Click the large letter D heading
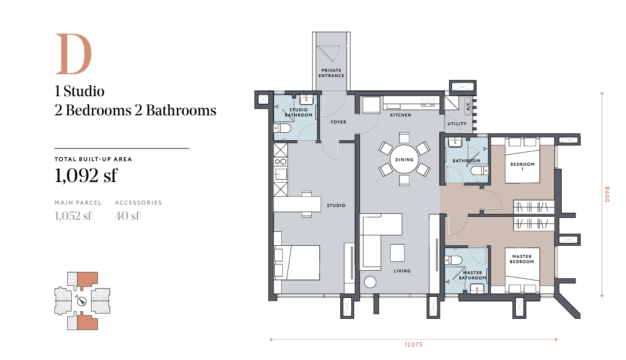(74, 54)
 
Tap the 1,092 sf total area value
(86, 175)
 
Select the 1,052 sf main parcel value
(73, 216)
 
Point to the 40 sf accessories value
(128, 216)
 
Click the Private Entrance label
(332, 73)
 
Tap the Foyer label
(339, 122)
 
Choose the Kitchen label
(401, 115)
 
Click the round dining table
(404, 159)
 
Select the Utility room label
(457, 123)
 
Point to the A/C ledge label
(468, 106)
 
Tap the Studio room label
(336, 206)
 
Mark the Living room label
(402, 271)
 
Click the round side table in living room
(370, 282)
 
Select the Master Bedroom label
(522, 259)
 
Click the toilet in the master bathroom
(454, 261)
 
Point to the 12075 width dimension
(413, 344)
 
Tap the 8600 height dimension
(607, 194)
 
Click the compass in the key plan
(82, 301)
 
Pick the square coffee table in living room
(398, 252)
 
